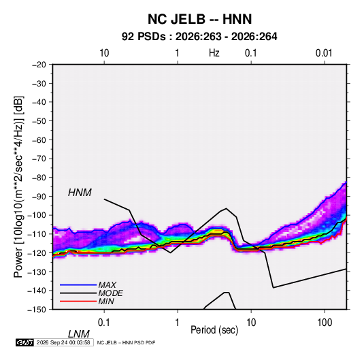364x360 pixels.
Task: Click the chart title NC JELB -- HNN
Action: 199,19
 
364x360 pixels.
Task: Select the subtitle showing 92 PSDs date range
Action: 199,37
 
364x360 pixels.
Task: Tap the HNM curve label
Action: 80,193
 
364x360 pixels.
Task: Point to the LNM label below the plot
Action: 79,334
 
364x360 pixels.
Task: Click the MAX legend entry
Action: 107,284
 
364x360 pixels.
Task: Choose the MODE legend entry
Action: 110,293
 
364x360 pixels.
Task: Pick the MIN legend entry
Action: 106,301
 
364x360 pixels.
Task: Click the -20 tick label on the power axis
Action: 39,65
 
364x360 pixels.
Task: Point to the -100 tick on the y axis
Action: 37,215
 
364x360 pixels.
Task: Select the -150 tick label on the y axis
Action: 37,310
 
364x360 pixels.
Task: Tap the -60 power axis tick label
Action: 39,140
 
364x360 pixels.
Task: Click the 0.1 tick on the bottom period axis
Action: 104,323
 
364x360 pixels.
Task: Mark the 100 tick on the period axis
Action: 325,323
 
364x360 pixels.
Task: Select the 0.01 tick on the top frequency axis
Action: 324,53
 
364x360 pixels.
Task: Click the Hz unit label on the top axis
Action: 214,53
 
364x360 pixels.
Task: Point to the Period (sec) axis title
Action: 214,330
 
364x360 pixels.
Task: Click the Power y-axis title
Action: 18,186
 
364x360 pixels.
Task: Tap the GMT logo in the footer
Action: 25,342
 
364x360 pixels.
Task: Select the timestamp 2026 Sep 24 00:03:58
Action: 63,342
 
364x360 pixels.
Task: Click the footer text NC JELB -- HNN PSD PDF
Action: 126,342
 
